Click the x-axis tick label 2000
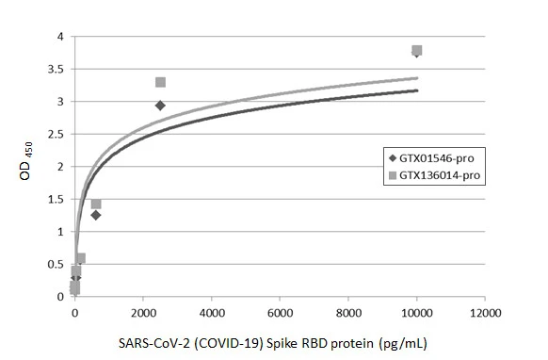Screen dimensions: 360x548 (x=143, y=312)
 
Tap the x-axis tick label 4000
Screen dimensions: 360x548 (x=212, y=312)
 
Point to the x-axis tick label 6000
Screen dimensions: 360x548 (x=281, y=312)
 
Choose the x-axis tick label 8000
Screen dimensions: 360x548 (x=348, y=312)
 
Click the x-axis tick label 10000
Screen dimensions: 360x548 (x=417, y=312)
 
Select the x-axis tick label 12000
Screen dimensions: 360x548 (x=486, y=312)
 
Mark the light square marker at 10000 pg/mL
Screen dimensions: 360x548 (x=417, y=51)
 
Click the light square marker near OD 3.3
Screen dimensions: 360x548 (x=160, y=83)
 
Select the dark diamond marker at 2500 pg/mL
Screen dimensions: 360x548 (x=160, y=106)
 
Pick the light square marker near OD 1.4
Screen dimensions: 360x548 (x=96, y=205)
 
